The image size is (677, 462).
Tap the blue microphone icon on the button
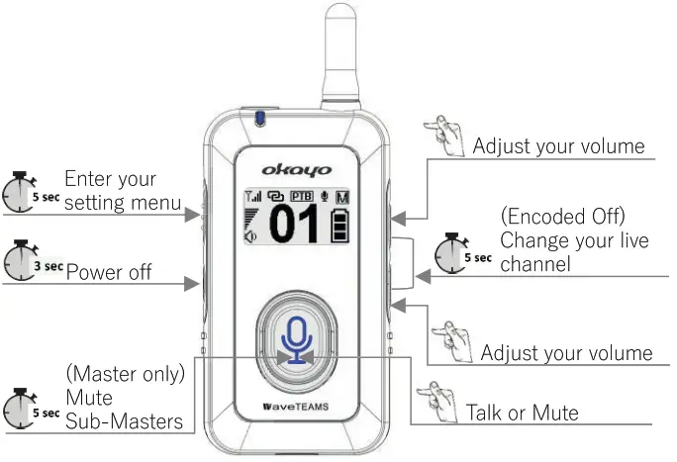coord(295,340)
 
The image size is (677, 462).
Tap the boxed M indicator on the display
coord(342,197)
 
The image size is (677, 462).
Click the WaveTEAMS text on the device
coord(293,408)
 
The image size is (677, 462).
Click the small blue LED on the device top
coord(259,119)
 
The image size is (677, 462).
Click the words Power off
coord(109,271)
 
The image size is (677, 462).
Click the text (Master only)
coord(125,377)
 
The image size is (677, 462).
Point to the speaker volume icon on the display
coord(251,234)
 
